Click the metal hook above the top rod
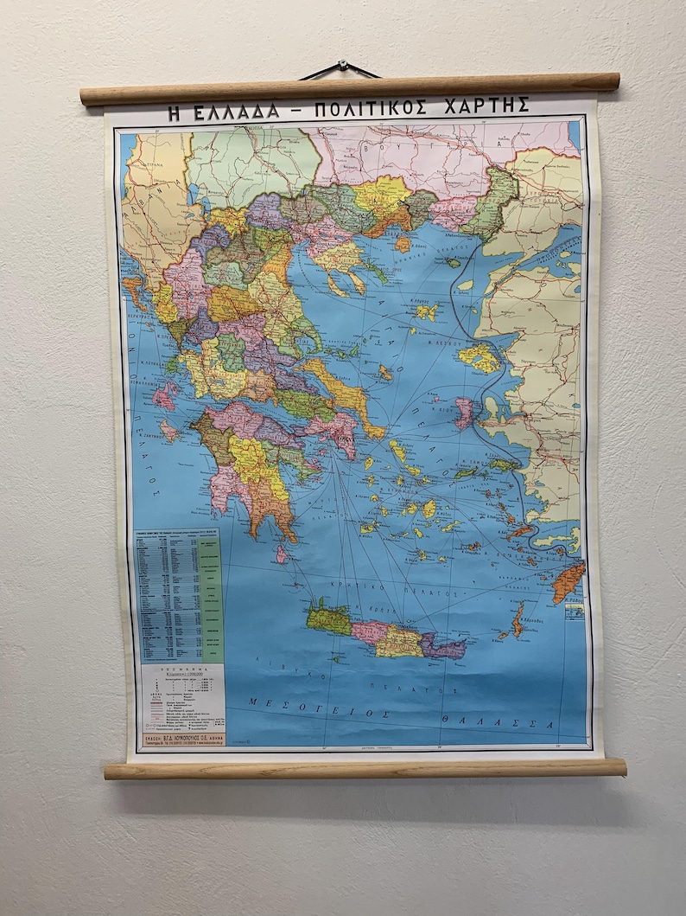point(342,66)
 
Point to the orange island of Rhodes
point(568,581)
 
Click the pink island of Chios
point(464,412)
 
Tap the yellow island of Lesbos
point(479,356)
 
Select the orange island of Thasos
point(403,245)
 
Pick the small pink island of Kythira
point(282,554)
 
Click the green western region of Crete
point(329,619)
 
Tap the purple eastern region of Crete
point(445,645)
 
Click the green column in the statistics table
point(209,597)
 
